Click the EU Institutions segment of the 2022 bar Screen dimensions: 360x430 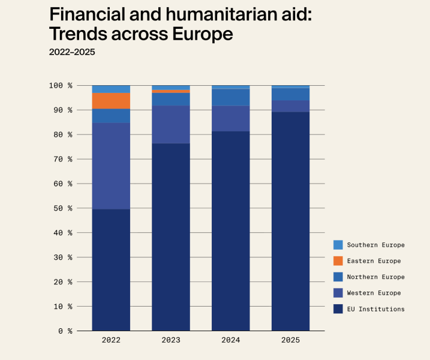pos(111,270)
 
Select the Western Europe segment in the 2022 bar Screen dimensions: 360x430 pos(111,166)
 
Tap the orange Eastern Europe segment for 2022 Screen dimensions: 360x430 pos(111,101)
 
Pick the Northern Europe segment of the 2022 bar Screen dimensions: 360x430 pos(111,116)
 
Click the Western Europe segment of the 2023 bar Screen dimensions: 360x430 pos(171,124)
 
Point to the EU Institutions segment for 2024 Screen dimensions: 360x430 pos(231,231)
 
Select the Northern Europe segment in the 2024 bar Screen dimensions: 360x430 pos(231,97)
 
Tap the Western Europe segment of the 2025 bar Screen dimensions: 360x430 pos(291,106)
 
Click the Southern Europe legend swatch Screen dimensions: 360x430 pos(338,245)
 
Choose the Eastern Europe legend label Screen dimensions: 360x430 pos(374,261)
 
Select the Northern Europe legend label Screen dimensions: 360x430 pos(375,277)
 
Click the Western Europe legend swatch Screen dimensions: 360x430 pos(338,293)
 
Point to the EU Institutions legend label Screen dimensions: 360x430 pos(375,309)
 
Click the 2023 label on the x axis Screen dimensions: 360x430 pos(171,340)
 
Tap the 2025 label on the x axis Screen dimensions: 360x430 pos(291,340)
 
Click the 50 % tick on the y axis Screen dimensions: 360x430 pos(62,208)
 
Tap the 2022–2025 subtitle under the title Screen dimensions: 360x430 pos(72,52)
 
